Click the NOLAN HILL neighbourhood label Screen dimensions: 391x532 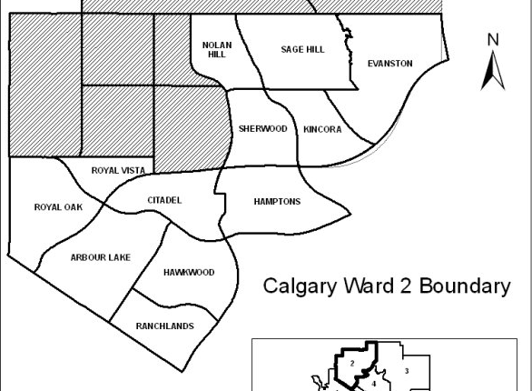pos(214,48)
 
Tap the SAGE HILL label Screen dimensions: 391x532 pos(302,49)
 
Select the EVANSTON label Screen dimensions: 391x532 pos(389,64)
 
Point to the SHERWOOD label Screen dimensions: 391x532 pos(262,129)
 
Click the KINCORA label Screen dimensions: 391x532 pos(322,129)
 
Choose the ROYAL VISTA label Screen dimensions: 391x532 pos(118,170)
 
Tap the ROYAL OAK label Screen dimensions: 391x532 pos(58,207)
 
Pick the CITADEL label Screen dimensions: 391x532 pos(164,200)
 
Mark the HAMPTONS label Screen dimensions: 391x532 pos(277,202)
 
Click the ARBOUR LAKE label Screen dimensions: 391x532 pos(100,257)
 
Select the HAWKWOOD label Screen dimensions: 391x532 pos(189,273)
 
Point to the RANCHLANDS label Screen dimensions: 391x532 pos(164,326)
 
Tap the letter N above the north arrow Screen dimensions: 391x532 pos(493,39)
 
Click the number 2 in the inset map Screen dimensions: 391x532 pos(351,364)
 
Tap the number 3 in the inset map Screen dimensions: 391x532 pos(407,370)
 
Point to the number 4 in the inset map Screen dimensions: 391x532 pos(373,384)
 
